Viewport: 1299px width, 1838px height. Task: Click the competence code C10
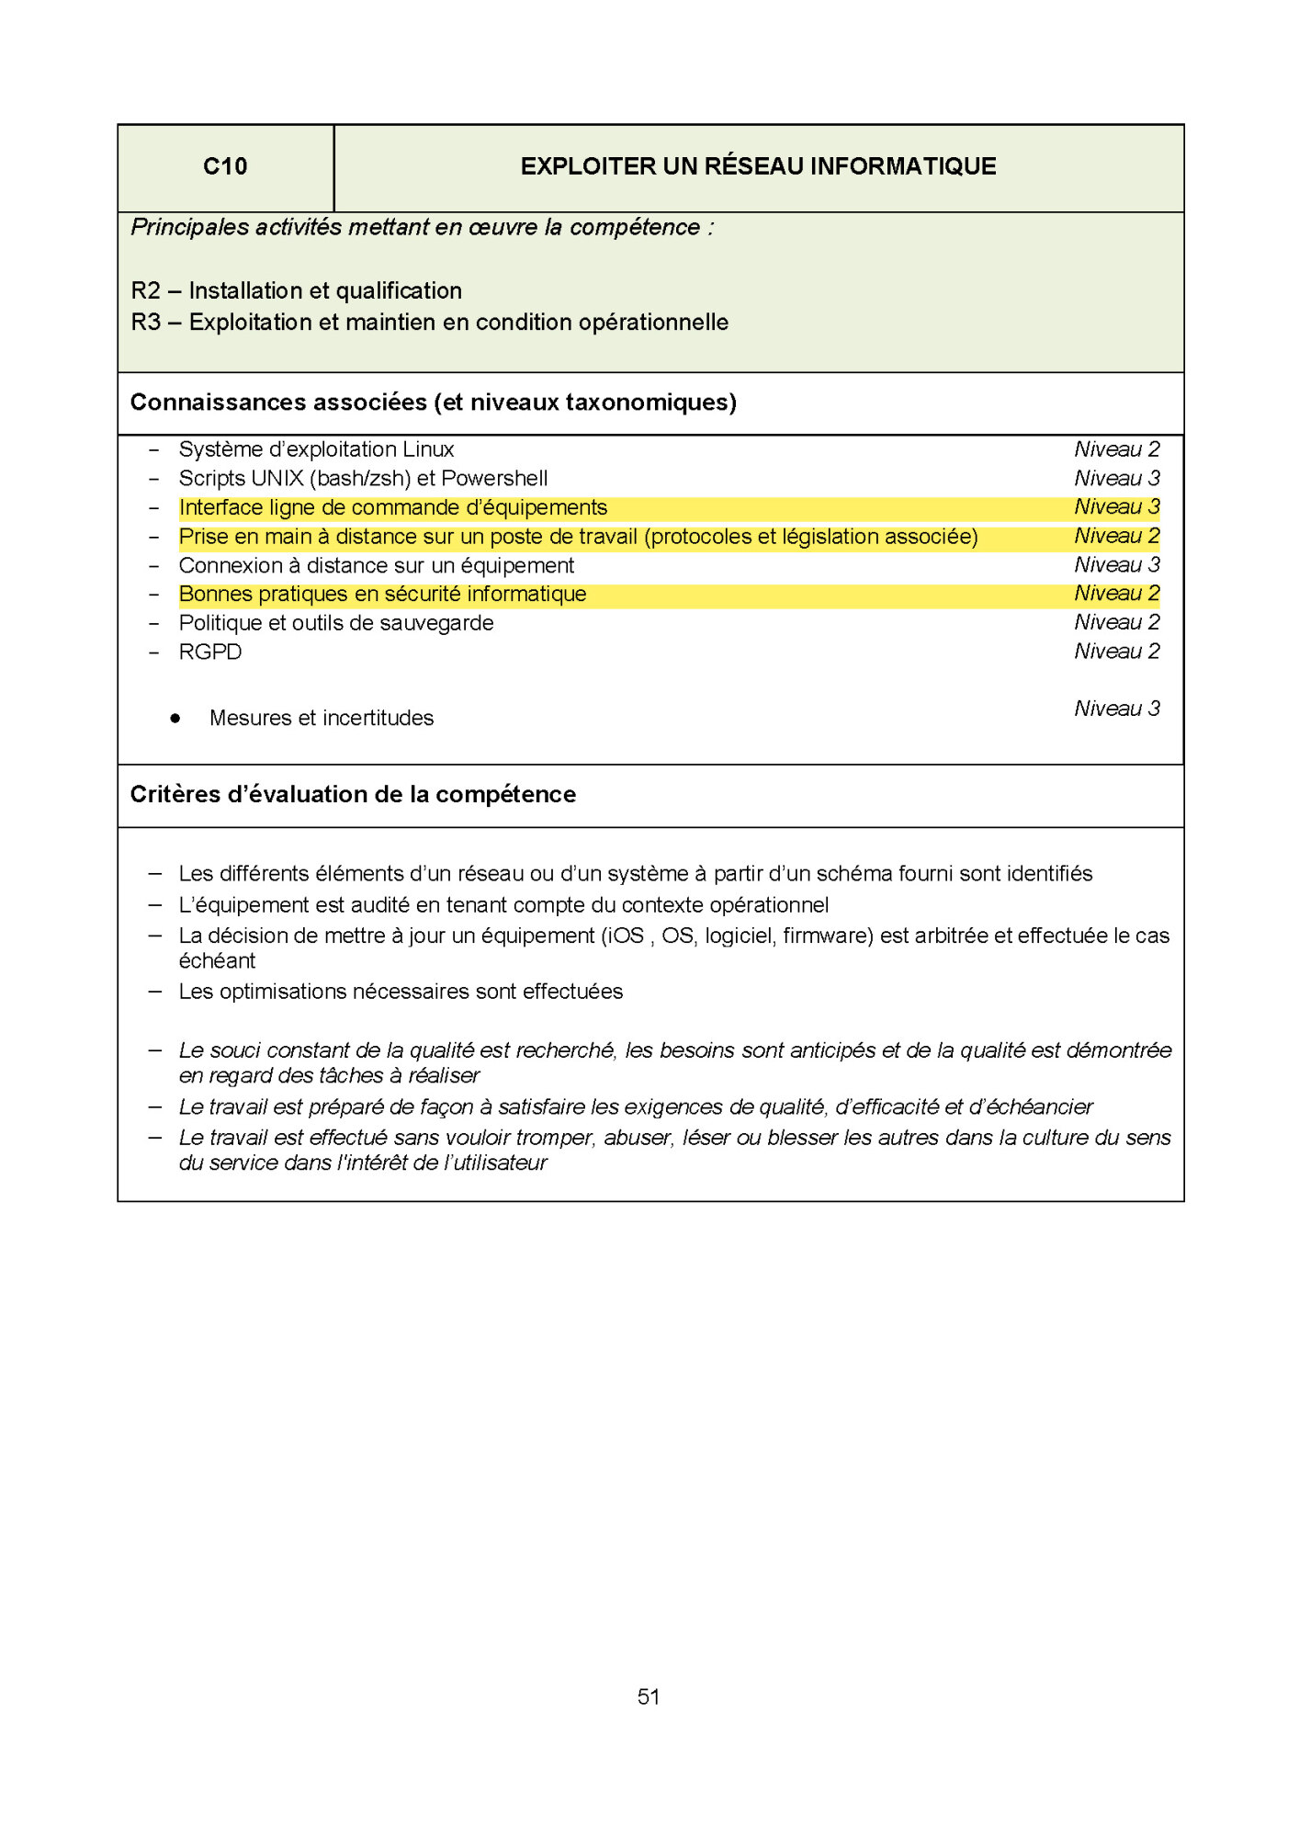coord(225,166)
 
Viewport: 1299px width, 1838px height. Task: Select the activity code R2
coord(145,291)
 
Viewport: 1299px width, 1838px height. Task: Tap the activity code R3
coord(145,323)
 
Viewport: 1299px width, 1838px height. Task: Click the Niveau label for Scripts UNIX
coord(1116,479)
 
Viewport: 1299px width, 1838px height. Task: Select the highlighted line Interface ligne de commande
coord(392,508)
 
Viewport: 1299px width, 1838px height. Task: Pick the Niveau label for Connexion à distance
coord(1116,565)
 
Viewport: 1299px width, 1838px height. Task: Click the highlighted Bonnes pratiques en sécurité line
coord(382,595)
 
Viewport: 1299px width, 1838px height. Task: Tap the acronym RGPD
coord(210,652)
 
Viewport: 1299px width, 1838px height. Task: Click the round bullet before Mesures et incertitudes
coord(175,719)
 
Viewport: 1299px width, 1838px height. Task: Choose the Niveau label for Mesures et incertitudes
coord(1116,709)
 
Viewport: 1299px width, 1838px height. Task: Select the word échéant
coord(217,961)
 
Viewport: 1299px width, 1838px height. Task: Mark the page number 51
coord(649,1697)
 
